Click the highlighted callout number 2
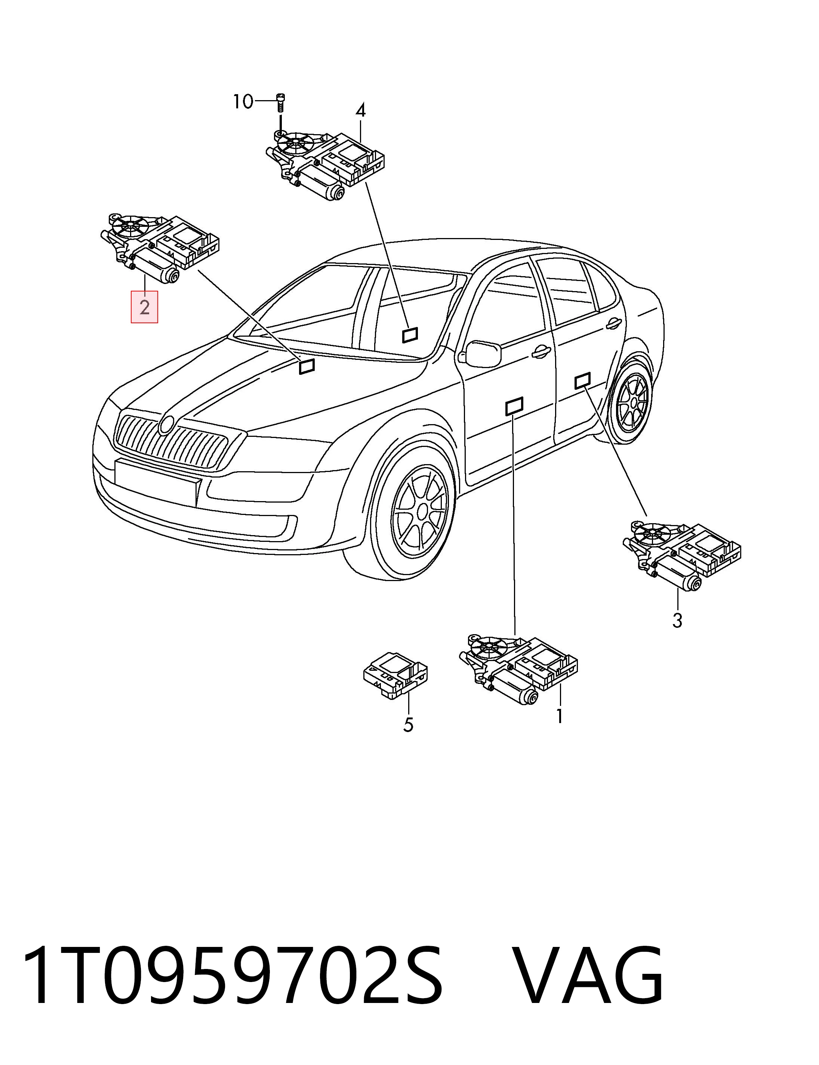(x=144, y=307)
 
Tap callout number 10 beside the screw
(x=243, y=102)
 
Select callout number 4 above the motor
(x=360, y=111)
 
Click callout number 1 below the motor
(x=560, y=716)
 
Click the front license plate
(x=158, y=482)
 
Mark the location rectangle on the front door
(x=514, y=406)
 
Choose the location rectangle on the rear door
(x=583, y=381)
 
